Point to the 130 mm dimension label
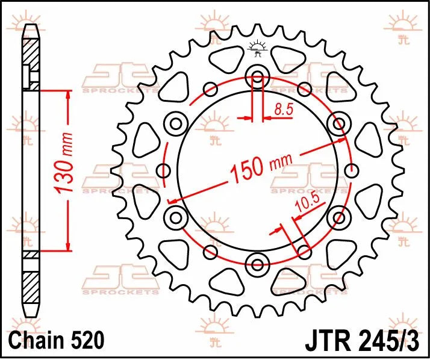point(61,169)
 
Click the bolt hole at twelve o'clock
point(258,77)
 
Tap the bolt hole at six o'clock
point(258,263)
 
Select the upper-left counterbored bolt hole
point(177,124)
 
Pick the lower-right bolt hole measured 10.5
point(338,216)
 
